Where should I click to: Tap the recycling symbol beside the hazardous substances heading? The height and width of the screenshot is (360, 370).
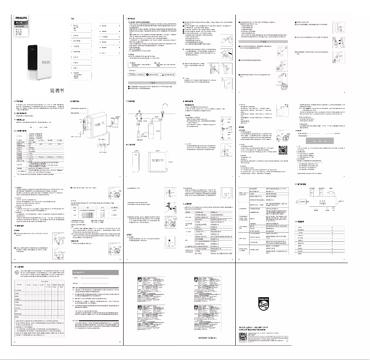(18, 272)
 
